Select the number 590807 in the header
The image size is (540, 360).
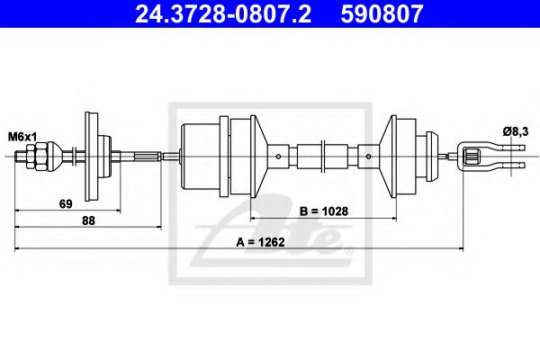coord(385,13)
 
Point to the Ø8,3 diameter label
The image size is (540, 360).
coord(514,131)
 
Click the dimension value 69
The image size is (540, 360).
coord(65,204)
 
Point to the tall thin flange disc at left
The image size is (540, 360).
coord(91,157)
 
